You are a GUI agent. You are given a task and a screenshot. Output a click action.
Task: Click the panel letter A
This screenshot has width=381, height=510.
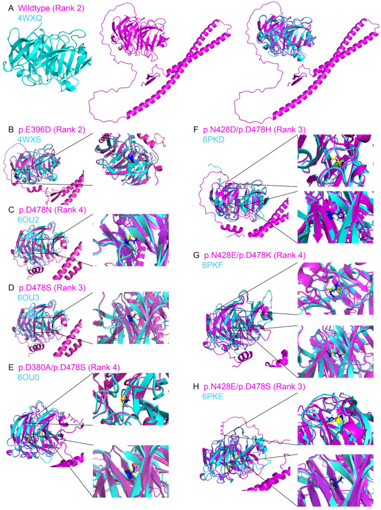[x=11, y=8]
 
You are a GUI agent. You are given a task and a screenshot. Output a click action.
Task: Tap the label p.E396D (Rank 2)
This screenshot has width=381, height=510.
[x=52, y=130]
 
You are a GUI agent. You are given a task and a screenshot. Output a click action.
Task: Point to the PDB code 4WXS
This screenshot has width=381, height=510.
[x=30, y=140]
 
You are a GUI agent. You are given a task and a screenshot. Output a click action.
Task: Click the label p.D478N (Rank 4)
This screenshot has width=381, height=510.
[x=52, y=210]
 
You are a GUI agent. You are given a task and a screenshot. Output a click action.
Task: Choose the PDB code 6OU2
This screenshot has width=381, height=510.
[x=29, y=220]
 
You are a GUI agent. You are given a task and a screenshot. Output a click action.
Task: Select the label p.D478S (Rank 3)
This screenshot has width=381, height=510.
[x=52, y=288]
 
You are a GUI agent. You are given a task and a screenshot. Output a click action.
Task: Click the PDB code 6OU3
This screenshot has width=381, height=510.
[x=29, y=298]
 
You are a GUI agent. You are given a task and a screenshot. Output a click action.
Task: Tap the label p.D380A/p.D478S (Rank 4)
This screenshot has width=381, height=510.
[x=69, y=367]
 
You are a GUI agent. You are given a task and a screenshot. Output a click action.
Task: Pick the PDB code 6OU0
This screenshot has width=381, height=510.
[x=29, y=378]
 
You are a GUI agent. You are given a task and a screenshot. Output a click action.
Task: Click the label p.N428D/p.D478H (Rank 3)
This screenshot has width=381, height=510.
[x=255, y=130]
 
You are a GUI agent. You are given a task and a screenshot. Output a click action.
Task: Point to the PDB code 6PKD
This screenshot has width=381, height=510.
[x=213, y=139]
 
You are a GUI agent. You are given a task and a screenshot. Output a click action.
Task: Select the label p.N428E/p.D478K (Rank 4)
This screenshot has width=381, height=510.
[x=255, y=255]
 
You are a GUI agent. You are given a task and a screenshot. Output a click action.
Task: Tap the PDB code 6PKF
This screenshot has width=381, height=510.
[x=213, y=265]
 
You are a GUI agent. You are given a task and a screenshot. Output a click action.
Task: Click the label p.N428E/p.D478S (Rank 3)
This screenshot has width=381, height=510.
[x=255, y=386]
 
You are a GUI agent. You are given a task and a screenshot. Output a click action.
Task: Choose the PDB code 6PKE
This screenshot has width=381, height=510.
[x=213, y=396]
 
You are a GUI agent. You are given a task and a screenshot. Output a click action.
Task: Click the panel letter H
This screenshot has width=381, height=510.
[x=196, y=386]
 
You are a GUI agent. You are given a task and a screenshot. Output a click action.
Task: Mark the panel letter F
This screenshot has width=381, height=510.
[x=196, y=130]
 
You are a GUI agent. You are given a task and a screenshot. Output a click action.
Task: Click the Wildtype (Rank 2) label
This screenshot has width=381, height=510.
[x=51, y=8]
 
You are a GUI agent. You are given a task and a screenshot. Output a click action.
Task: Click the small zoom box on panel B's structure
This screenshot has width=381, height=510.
[x=20, y=176]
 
